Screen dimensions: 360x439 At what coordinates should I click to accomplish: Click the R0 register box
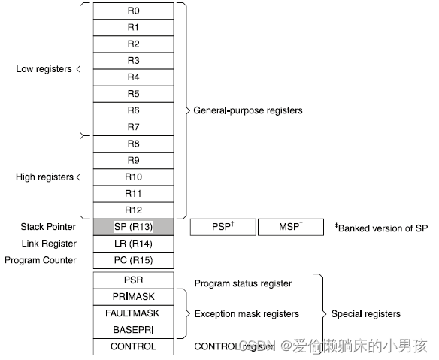tap(133, 11)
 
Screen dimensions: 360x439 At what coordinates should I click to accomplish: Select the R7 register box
tap(133, 127)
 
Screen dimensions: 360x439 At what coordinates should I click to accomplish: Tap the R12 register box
tap(133, 210)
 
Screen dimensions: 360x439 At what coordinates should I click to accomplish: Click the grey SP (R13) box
tap(133, 227)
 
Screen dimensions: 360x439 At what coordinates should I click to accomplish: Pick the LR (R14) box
tap(133, 244)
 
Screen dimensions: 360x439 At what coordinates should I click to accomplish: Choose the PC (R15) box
tap(133, 260)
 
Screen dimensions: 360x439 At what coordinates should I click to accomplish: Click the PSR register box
tap(133, 280)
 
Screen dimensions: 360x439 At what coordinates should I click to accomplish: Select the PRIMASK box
tap(133, 297)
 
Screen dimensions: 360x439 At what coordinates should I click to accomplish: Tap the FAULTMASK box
tap(133, 313)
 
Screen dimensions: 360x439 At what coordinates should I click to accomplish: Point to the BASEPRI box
tap(133, 330)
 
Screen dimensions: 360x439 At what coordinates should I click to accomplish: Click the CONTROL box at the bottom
tap(133, 346)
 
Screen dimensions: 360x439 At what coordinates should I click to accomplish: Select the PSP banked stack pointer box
tap(223, 227)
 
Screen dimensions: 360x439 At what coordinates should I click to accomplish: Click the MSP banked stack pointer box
tap(290, 227)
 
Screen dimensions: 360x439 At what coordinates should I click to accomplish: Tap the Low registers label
tap(44, 69)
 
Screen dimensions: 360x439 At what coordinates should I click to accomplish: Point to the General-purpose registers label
tap(248, 110)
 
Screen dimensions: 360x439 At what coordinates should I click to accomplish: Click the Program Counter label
tap(41, 260)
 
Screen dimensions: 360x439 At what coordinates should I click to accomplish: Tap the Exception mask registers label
tap(247, 313)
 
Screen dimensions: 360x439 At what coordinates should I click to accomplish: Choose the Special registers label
tap(366, 313)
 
